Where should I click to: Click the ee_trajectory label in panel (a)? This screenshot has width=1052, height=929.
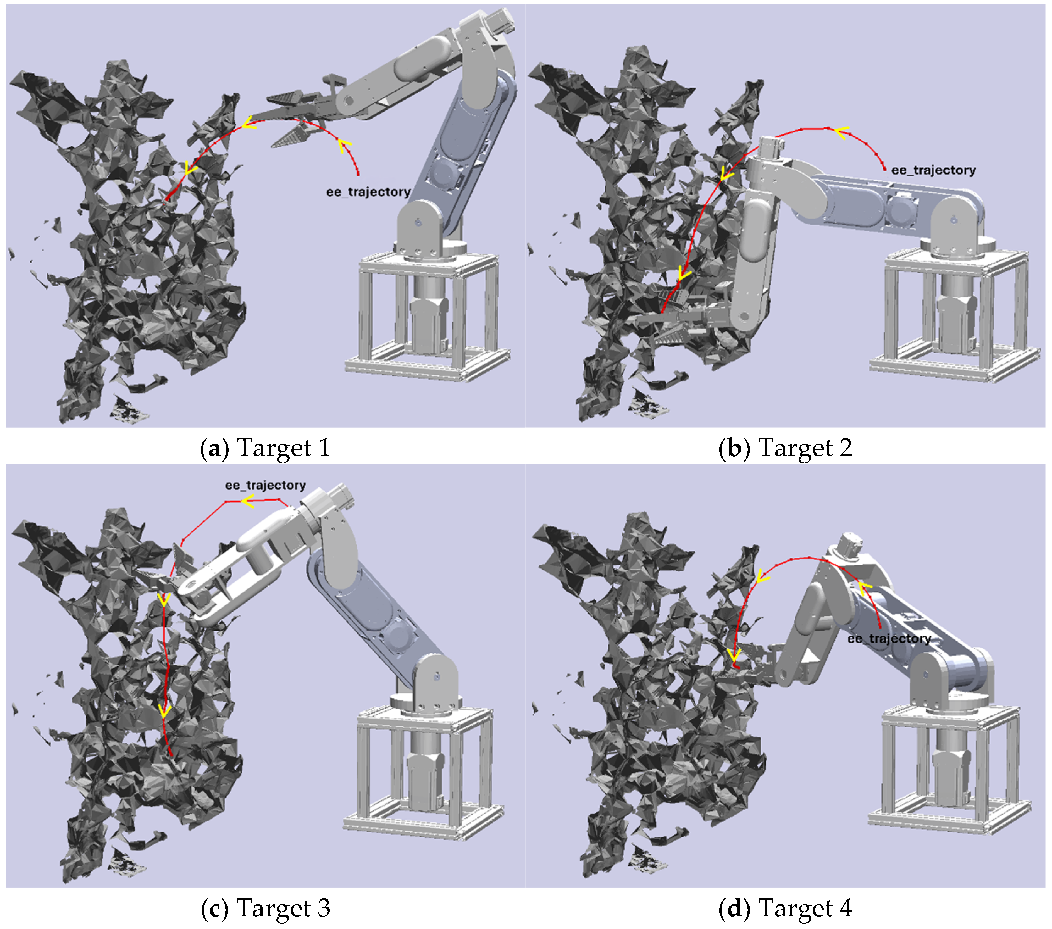(368, 192)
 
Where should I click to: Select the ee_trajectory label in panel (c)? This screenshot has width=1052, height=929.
(265, 485)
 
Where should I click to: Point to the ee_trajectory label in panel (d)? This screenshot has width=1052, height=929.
(889, 639)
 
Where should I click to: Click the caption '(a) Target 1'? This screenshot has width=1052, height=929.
(265, 448)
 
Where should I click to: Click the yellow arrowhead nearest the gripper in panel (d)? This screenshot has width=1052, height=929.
(734, 655)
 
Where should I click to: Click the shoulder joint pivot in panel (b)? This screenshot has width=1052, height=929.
(953, 220)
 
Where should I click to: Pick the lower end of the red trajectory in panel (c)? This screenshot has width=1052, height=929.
(171, 755)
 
